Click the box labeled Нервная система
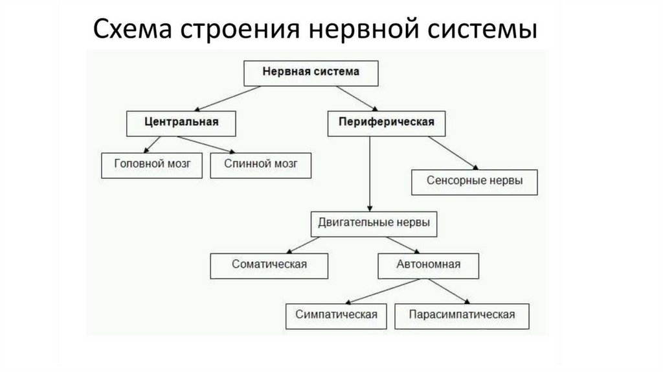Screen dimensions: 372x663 [310, 74]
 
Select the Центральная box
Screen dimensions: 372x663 [181, 122]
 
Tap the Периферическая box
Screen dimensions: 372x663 [386, 122]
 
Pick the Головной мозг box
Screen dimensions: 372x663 [153, 165]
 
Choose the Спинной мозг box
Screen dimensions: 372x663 [261, 165]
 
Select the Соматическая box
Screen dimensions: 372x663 [269, 264]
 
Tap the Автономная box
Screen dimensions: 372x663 [428, 264]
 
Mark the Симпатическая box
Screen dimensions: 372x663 [335, 315]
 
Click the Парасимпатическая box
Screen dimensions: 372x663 [462, 315]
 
